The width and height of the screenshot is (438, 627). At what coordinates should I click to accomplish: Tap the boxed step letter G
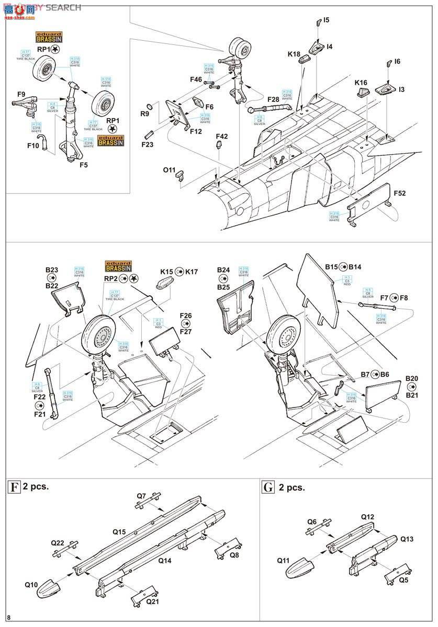tap(268, 487)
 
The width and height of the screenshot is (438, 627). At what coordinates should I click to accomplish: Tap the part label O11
tap(170, 170)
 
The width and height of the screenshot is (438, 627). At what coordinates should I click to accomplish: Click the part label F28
tap(273, 99)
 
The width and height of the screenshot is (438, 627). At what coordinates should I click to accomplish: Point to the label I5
tap(326, 20)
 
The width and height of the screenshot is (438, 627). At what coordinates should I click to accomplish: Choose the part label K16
tap(361, 83)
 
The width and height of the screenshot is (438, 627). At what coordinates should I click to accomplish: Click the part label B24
tap(223, 270)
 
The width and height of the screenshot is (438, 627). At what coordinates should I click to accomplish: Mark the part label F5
tap(83, 165)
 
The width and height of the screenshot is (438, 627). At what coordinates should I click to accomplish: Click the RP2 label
tap(110, 278)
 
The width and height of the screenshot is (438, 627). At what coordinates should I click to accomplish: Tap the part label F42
tap(222, 136)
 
